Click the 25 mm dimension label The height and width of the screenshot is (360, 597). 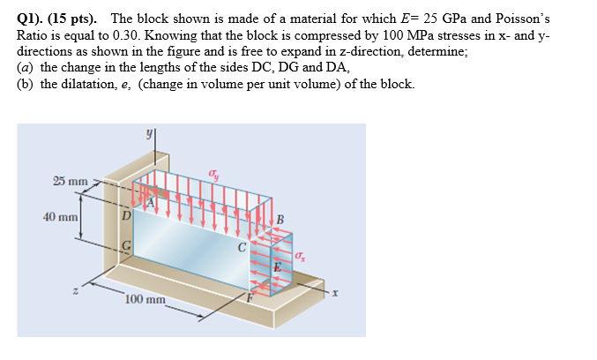tap(71, 182)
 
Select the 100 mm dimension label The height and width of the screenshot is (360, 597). tap(146, 300)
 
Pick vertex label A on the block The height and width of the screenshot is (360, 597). tap(150, 202)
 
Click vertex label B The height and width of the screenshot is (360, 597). tap(281, 220)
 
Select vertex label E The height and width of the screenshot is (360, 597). tap(276, 267)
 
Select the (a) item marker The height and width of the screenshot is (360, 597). tap(26, 67)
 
